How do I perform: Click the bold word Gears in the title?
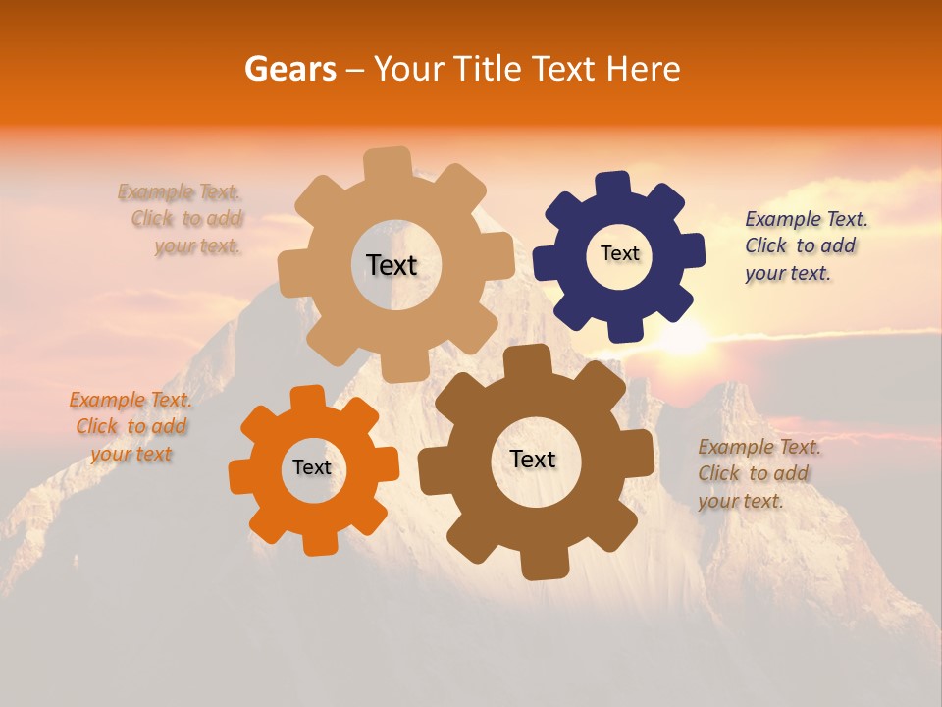(x=289, y=69)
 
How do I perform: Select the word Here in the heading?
(x=644, y=69)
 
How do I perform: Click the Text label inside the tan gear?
(x=392, y=265)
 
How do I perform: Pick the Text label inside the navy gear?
(x=619, y=253)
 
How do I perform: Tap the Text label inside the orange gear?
(x=312, y=468)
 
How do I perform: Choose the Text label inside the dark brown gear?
(x=533, y=459)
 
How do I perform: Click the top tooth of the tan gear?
(x=388, y=164)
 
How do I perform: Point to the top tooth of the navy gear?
(x=613, y=186)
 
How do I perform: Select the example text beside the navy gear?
(x=806, y=245)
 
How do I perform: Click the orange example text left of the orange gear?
(x=131, y=426)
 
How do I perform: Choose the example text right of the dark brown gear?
(x=759, y=473)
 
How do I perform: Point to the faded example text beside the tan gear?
(x=183, y=219)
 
